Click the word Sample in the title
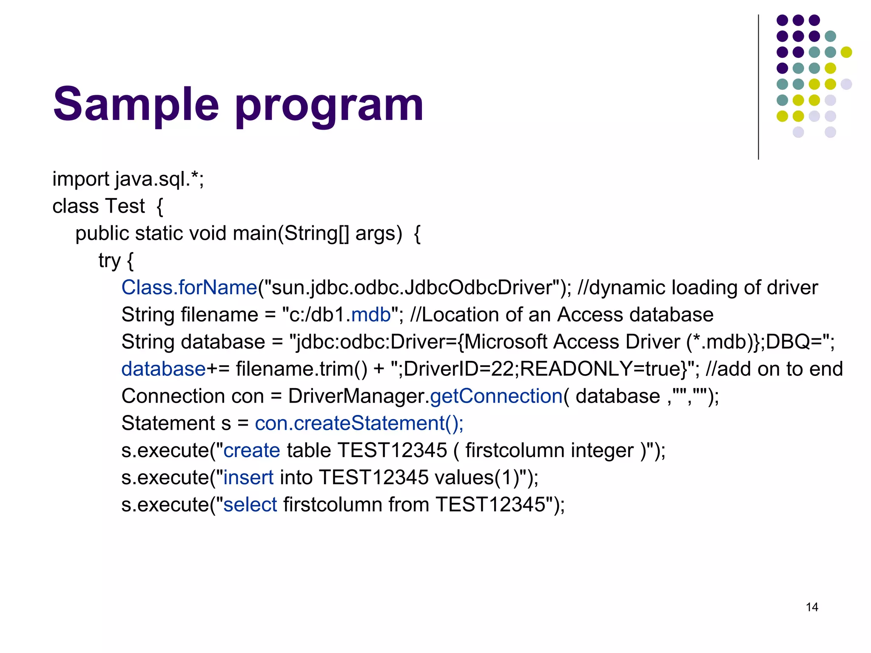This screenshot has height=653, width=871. point(136,104)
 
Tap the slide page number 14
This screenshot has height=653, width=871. point(811,607)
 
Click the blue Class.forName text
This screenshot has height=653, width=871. point(189,288)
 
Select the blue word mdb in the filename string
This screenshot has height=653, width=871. point(371,315)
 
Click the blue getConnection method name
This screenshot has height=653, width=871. point(496,396)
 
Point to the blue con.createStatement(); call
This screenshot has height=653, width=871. point(359,423)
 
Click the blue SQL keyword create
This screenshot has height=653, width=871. point(252,451)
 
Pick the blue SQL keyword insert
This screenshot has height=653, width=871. point(248,477)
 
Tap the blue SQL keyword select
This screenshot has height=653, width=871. point(250,505)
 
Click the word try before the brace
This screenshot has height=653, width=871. point(109,261)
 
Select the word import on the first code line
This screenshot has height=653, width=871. point(80,179)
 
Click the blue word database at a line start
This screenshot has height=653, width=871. point(163,369)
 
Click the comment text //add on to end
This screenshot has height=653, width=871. point(774,369)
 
